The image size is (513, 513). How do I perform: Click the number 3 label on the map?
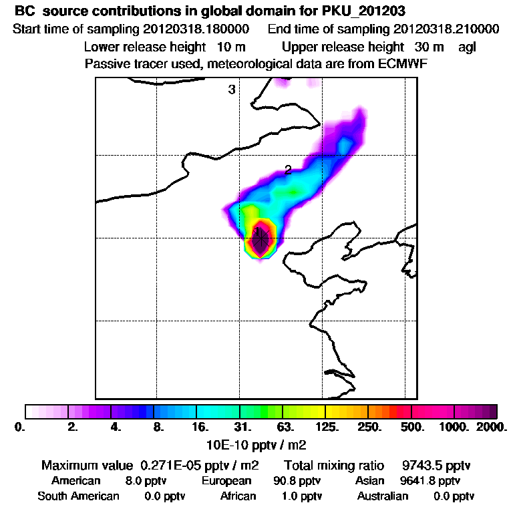[x=232, y=90]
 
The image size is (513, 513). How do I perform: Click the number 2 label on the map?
[x=288, y=170]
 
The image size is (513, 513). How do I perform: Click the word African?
[x=238, y=496]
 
